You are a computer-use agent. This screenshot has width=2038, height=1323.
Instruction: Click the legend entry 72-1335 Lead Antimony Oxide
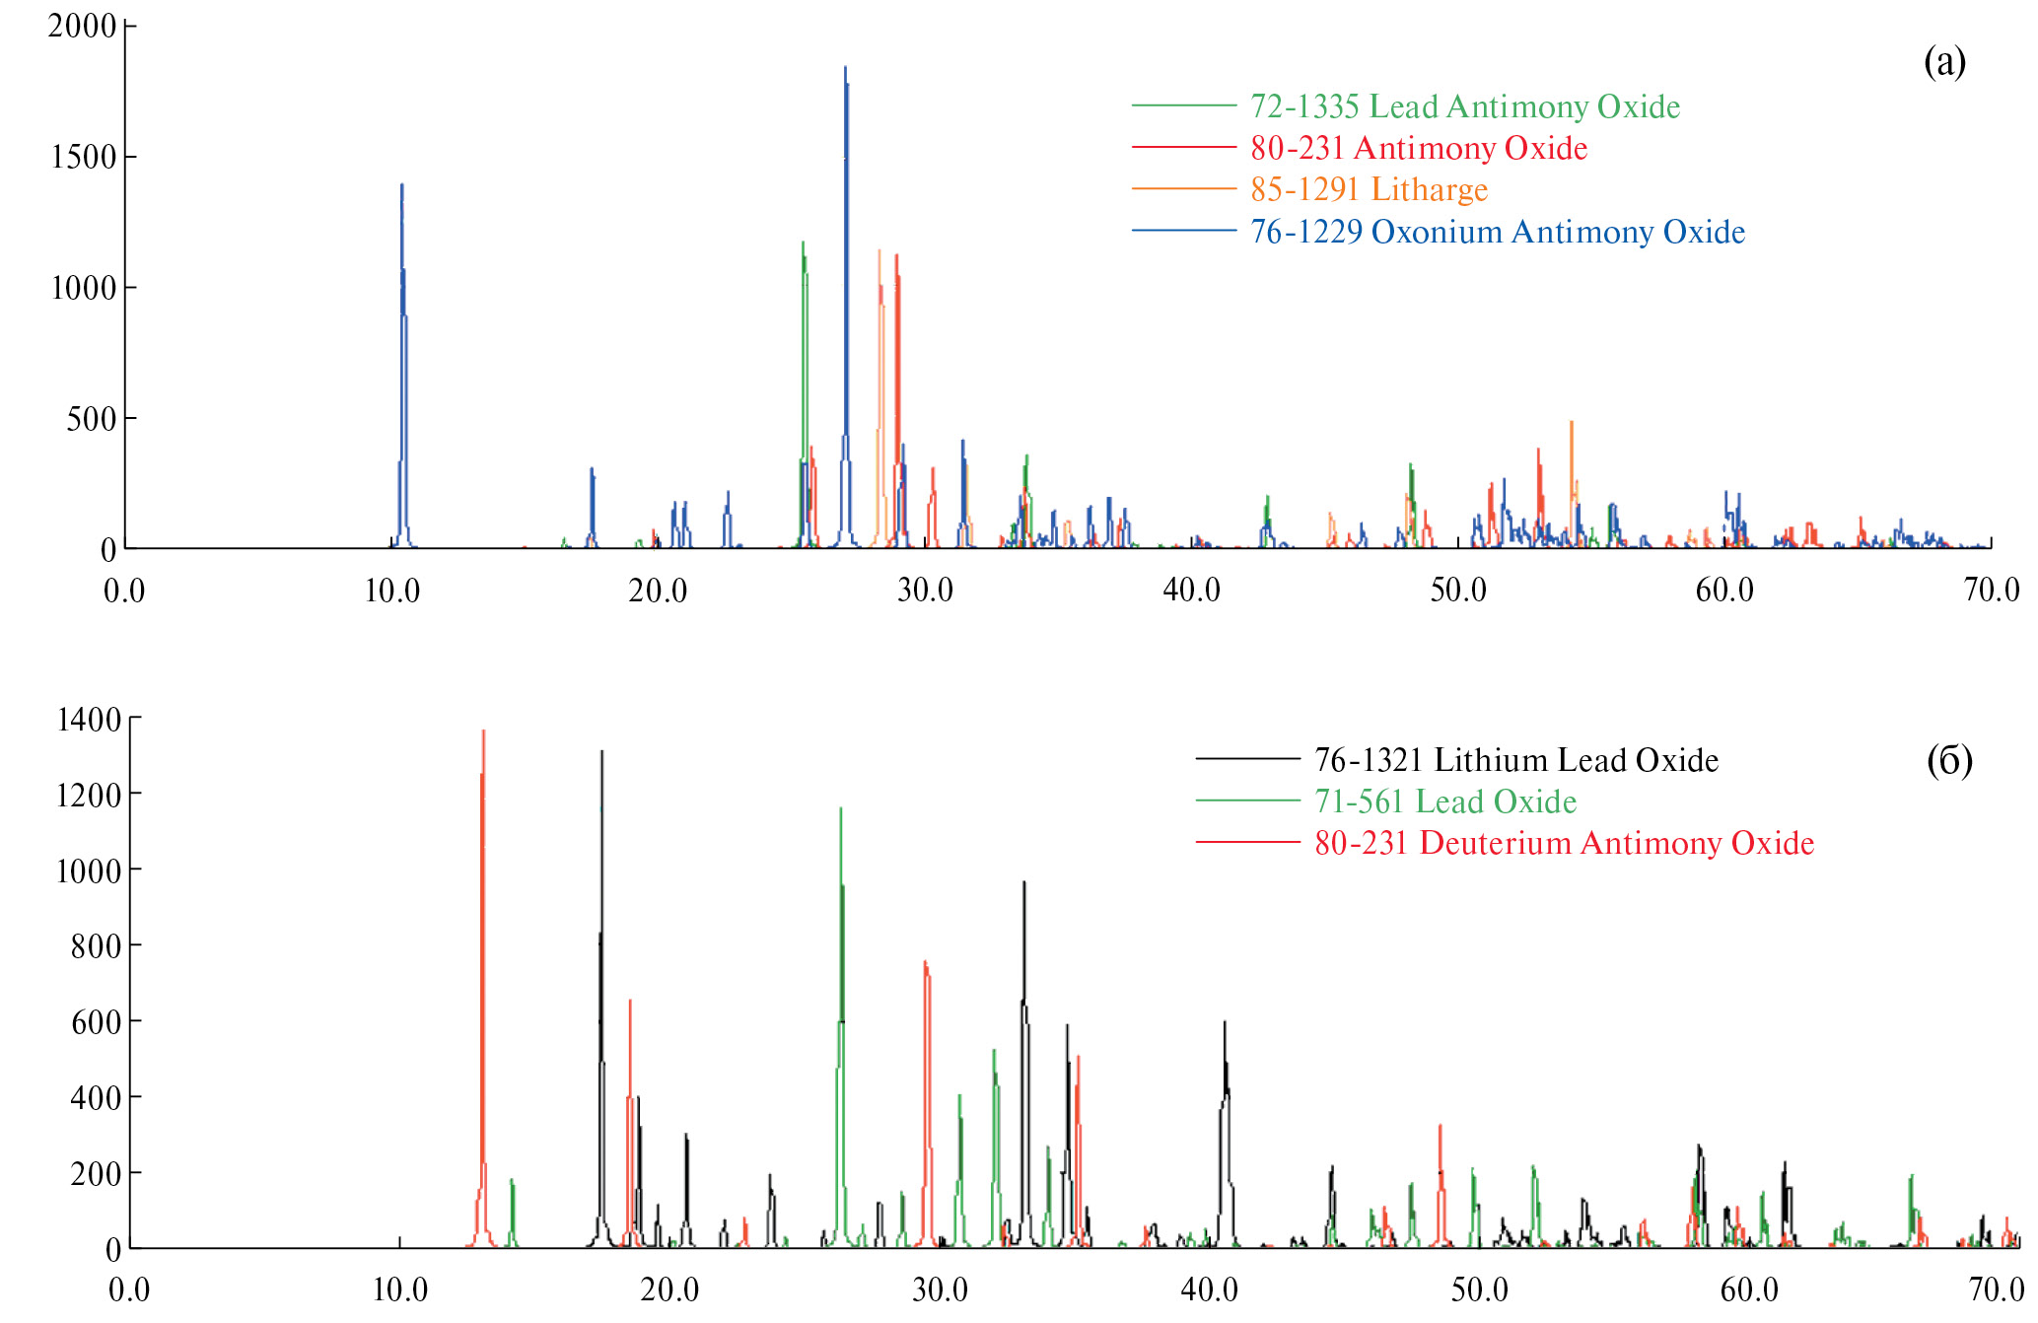[x=1464, y=106]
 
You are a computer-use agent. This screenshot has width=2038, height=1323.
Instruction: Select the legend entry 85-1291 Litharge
[x=1369, y=189]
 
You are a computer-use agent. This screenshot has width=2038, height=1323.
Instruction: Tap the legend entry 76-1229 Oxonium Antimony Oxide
[x=1497, y=232]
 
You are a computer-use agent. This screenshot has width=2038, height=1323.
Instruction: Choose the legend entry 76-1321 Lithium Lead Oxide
[x=1515, y=760]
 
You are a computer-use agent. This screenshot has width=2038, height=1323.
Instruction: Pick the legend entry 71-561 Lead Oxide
[x=1444, y=801]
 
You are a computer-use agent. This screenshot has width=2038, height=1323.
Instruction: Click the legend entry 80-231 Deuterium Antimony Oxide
[x=1564, y=843]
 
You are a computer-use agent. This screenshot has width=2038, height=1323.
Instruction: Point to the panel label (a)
[x=1944, y=61]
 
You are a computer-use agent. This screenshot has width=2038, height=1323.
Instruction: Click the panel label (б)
[x=1948, y=760]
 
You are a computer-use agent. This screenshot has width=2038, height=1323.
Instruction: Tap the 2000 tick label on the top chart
[x=82, y=26]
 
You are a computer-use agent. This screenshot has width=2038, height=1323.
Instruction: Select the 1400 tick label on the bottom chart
[x=89, y=720]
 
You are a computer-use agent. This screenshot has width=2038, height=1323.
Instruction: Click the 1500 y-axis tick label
[x=83, y=157]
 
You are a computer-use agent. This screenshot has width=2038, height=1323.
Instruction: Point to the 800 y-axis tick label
[x=96, y=946]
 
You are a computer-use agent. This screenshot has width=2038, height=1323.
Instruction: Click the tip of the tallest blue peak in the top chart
[x=845, y=68]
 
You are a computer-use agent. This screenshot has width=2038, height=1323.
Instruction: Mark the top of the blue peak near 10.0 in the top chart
[x=401, y=185]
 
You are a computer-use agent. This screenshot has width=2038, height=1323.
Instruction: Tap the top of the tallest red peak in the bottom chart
[x=483, y=731]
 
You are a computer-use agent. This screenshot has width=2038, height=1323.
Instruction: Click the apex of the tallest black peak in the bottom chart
[x=601, y=752]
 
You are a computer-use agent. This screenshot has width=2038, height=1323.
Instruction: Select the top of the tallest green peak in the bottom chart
[x=840, y=809]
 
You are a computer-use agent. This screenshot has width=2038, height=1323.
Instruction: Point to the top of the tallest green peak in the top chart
[x=803, y=243]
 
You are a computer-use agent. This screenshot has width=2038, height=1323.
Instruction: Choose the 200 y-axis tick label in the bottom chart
[x=96, y=1173]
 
